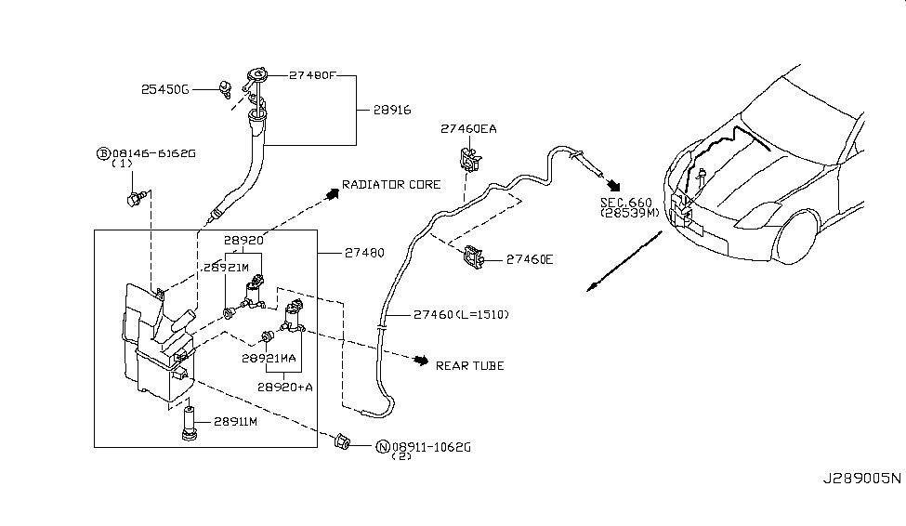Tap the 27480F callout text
click(x=313, y=75)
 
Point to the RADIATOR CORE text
click(x=391, y=185)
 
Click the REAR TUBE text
click(x=469, y=365)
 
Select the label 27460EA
click(x=468, y=129)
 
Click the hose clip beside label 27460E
click(x=473, y=257)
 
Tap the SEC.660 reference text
click(x=625, y=202)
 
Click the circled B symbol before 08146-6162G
click(x=102, y=152)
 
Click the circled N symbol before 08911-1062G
click(x=382, y=447)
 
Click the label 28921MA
click(x=269, y=358)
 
